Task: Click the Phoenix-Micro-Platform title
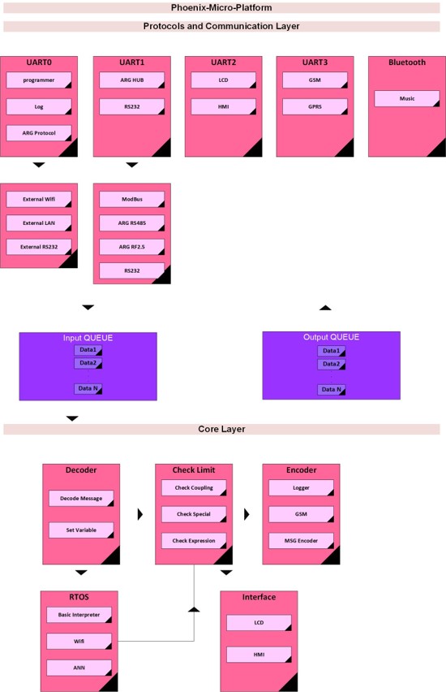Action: click(x=221, y=7)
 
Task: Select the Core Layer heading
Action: click(x=221, y=429)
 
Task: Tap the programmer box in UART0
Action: click(x=39, y=80)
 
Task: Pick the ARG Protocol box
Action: click(x=39, y=133)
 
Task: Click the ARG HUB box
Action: click(x=131, y=80)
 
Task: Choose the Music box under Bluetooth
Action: click(x=407, y=99)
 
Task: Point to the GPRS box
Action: click(x=315, y=106)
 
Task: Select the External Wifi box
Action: click(x=39, y=200)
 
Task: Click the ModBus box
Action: click(x=131, y=200)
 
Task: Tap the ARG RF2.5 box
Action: click(x=131, y=247)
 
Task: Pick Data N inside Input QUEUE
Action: click(x=88, y=389)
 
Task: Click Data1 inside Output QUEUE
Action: click(x=332, y=351)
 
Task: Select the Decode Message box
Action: click(x=81, y=498)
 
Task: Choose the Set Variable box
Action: click(x=81, y=530)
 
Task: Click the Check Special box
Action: click(x=194, y=514)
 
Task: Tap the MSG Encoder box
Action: click(x=301, y=541)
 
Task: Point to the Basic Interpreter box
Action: click(x=79, y=615)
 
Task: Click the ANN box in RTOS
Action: click(x=79, y=668)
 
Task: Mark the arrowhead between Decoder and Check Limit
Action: click(x=140, y=514)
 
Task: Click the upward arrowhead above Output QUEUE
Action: click(x=325, y=308)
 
